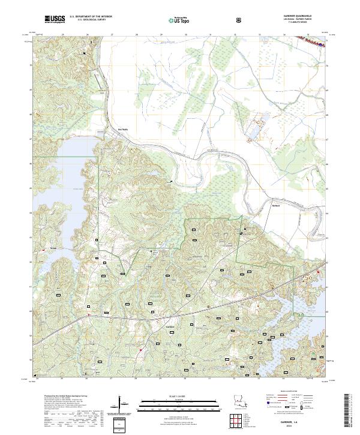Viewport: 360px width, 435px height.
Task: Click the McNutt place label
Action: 277,206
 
